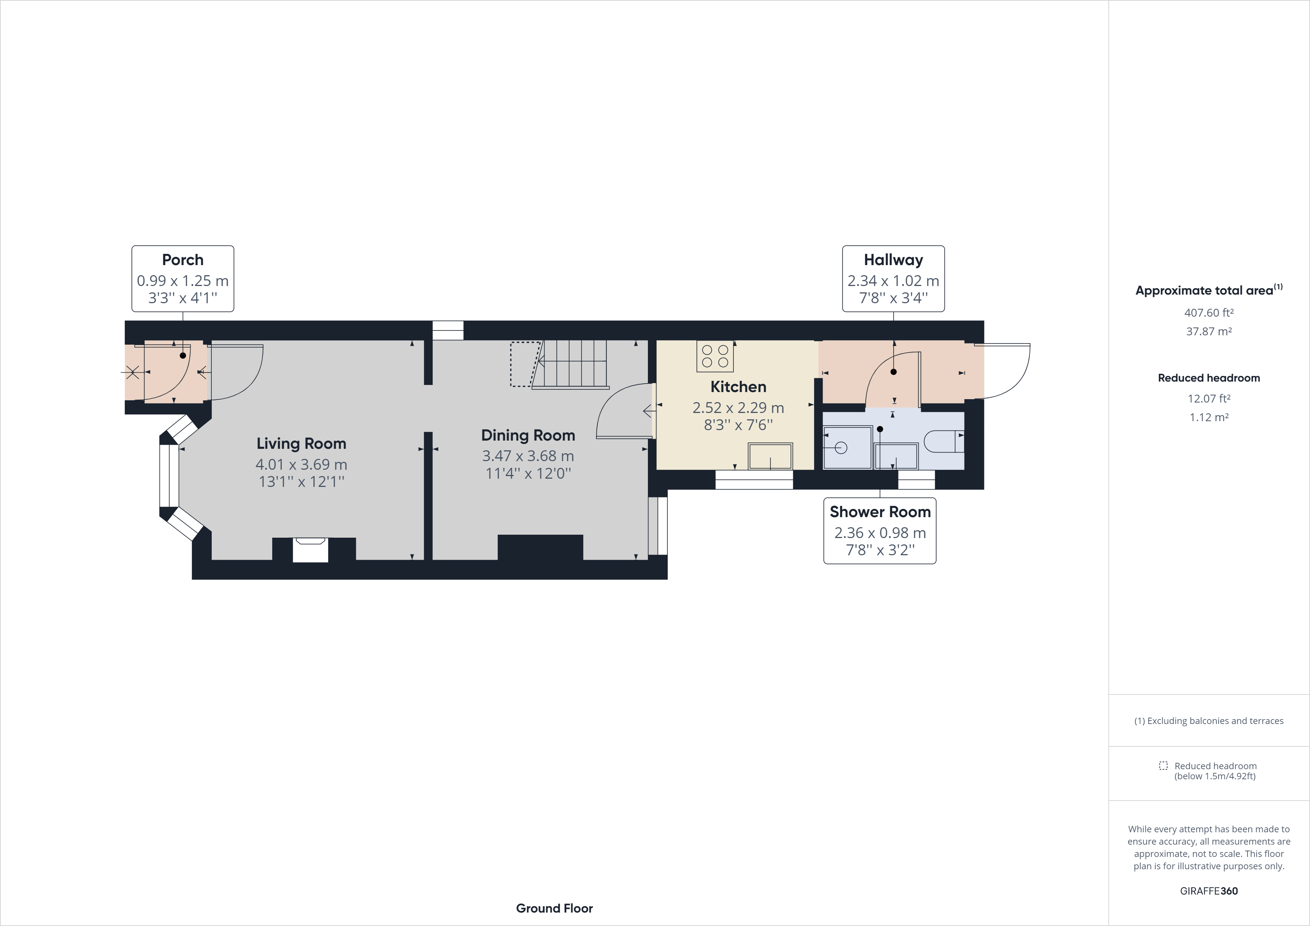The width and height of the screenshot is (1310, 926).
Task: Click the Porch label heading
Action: pyautogui.click(x=183, y=260)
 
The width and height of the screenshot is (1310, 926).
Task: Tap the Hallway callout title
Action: pyautogui.click(x=893, y=260)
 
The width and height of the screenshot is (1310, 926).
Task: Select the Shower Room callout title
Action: pyautogui.click(x=880, y=512)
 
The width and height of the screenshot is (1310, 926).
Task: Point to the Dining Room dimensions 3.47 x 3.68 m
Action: pyautogui.click(x=528, y=456)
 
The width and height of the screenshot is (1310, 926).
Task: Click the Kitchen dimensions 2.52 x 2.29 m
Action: pyautogui.click(x=738, y=408)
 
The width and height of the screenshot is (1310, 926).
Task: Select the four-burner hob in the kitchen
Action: pyautogui.click(x=715, y=356)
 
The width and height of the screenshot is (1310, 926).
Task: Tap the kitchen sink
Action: pyautogui.click(x=770, y=456)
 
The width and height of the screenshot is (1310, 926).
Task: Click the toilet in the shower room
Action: pyautogui.click(x=943, y=441)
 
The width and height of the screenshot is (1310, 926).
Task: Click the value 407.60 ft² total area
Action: pyautogui.click(x=1208, y=313)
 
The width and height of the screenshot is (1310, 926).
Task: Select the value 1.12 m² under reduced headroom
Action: pyautogui.click(x=1208, y=417)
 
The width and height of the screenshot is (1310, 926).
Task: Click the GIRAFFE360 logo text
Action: pyautogui.click(x=1208, y=891)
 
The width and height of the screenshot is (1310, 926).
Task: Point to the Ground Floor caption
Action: pyautogui.click(x=554, y=908)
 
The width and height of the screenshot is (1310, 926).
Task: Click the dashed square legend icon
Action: pyautogui.click(x=1163, y=766)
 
